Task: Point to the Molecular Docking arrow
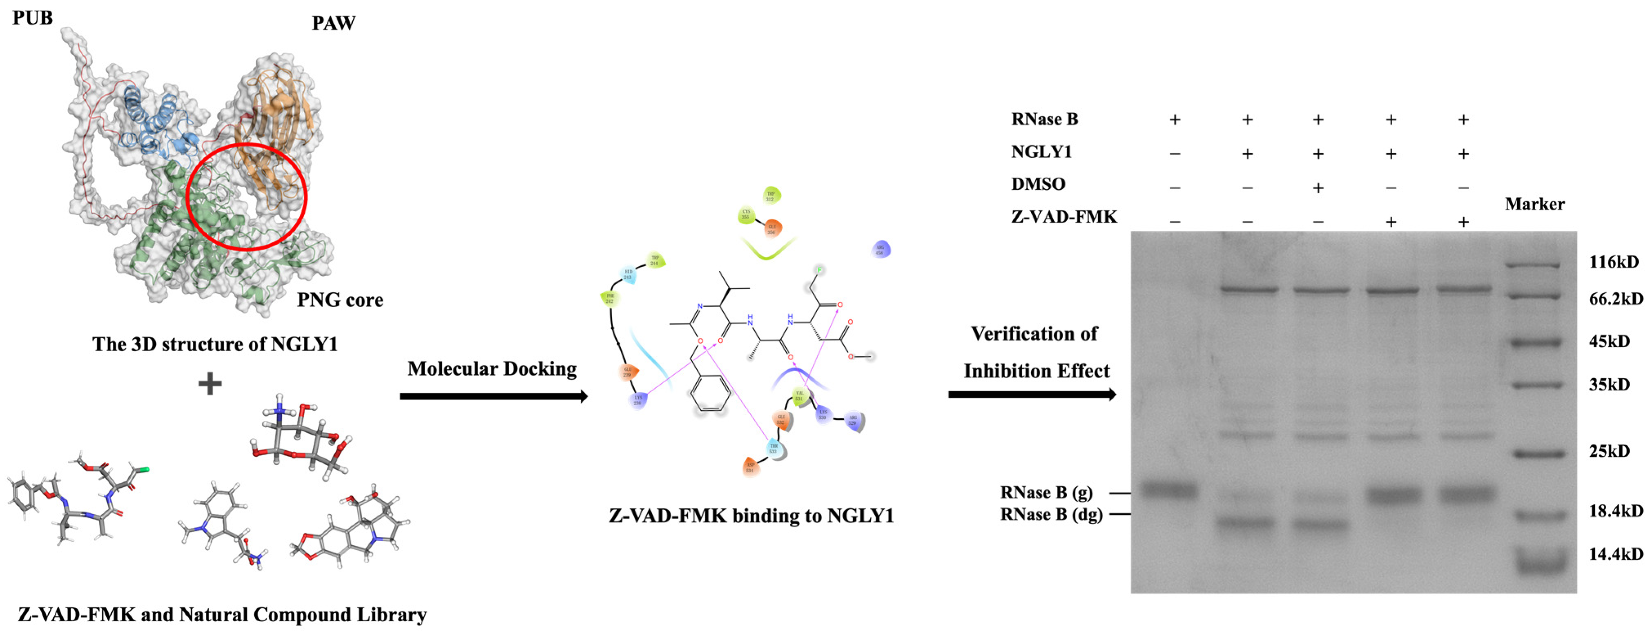(x=493, y=396)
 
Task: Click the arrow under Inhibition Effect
(x=1032, y=394)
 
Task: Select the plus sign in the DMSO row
(x=1318, y=188)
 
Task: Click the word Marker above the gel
(x=1535, y=204)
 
